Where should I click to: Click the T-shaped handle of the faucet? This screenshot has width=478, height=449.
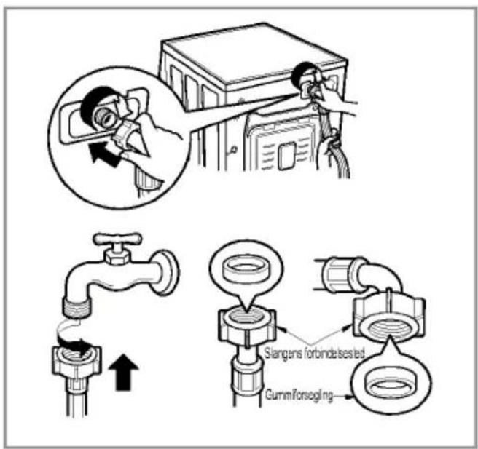coord(117,239)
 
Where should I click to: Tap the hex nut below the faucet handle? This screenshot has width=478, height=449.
coord(118,258)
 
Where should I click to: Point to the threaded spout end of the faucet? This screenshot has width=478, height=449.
coord(78,307)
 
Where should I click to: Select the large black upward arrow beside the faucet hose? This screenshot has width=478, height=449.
coord(123,372)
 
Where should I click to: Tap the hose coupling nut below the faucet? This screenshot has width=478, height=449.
coord(77,362)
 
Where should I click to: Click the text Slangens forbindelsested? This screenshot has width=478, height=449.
coord(314,354)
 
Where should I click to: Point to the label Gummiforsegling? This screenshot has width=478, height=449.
coord(299,395)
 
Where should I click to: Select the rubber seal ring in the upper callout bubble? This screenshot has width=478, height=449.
coord(247,270)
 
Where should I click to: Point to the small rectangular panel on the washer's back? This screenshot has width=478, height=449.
coord(287,156)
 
